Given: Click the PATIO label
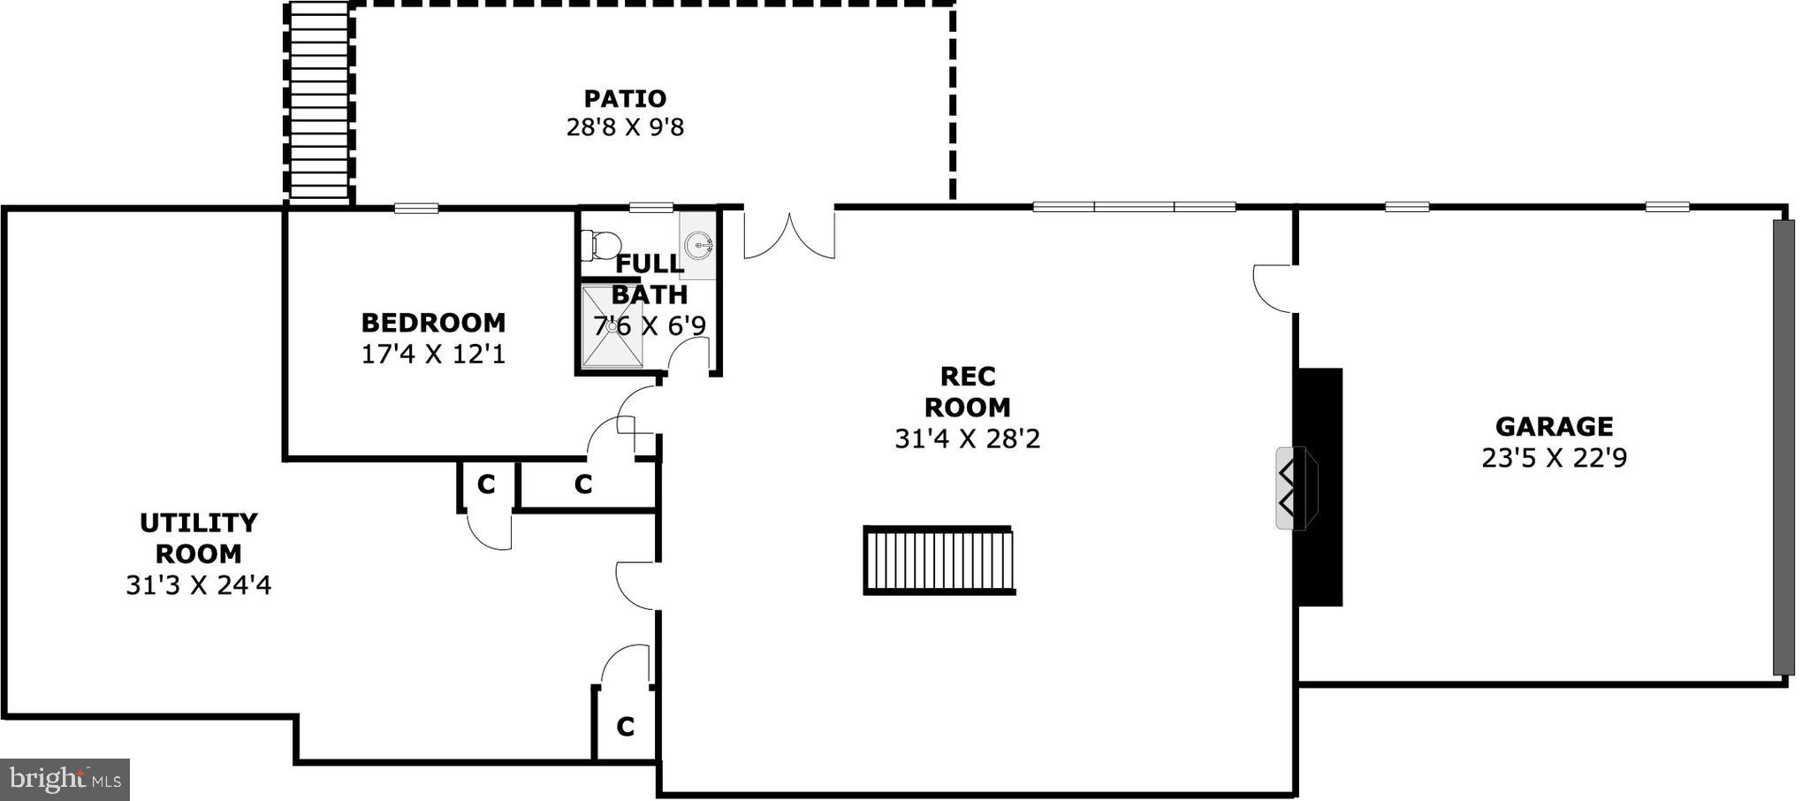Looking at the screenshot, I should pyautogui.click(x=625, y=98).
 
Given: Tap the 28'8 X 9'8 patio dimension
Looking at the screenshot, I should pyautogui.click(x=625, y=127).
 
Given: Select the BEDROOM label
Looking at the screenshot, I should pyautogui.click(x=433, y=322).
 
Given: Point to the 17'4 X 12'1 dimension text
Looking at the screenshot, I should pyautogui.click(x=433, y=355).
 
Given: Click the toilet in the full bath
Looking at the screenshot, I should pyautogui.click(x=602, y=243).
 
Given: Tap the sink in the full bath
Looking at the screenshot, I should pyautogui.click(x=699, y=243).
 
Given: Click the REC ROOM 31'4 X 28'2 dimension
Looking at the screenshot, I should pyautogui.click(x=967, y=439).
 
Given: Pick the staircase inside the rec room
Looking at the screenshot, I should pyautogui.click(x=939, y=561).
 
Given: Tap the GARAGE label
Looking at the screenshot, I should pyautogui.click(x=1554, y=427).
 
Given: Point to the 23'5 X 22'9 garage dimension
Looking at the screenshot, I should pyautogui.click(x=1554, y=459).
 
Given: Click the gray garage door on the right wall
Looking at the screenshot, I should pyautogui.click(x=1783, y=447).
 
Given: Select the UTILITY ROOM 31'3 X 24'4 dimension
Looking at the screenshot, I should pyautogui.click(x=198, y=585).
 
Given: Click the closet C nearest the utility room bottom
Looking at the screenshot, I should pyautogui.click(x=626, y=727).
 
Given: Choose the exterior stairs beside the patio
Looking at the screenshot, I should pyautogui.click(x=318, y=102).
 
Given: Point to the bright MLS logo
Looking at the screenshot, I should pyautogui.click(x=65, y=779).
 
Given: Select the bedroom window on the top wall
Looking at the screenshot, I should pyautogui.click(x=416, y=209).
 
